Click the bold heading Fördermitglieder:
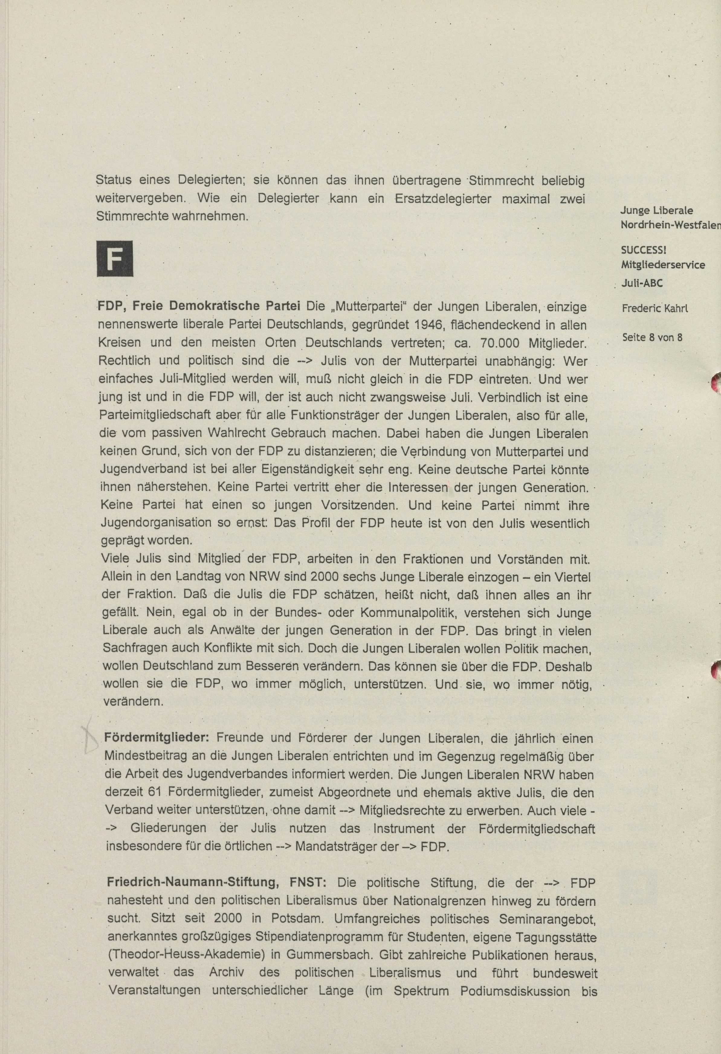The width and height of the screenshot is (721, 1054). pyautogui.click(x=157, y=738)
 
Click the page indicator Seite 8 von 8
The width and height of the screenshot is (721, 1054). pyautogui.click(x=652, y=337)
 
